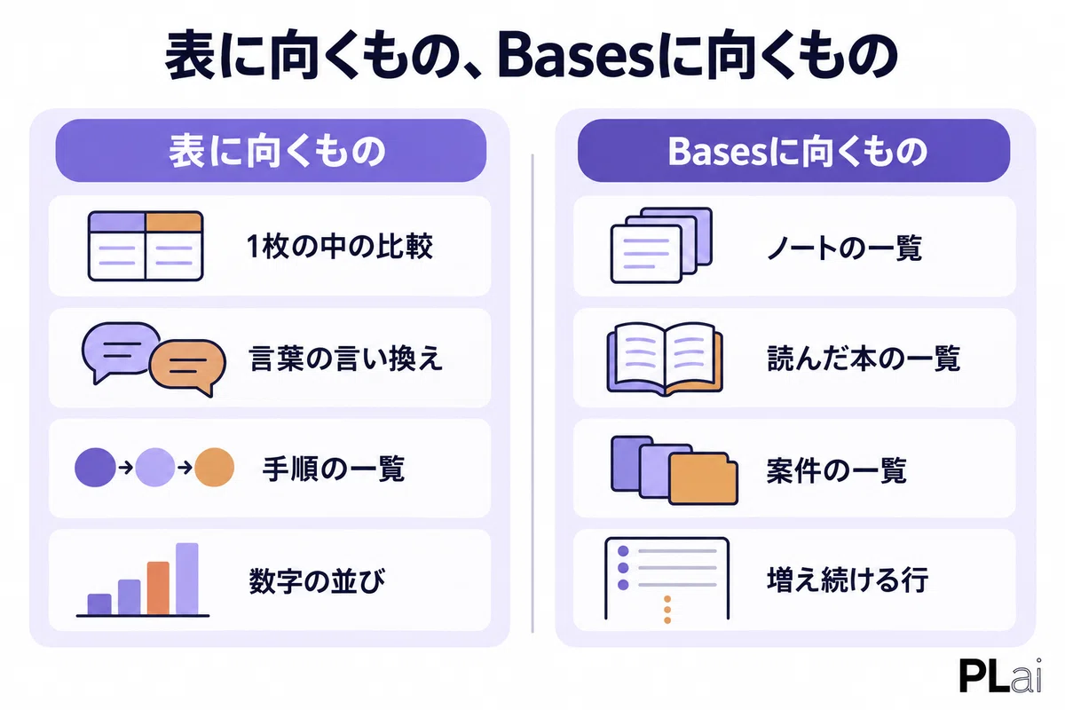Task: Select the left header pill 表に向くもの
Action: click(x=271, y=150)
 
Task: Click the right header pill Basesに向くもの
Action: click(x=793, y=150)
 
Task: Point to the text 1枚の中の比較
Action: click(x=339, y=247)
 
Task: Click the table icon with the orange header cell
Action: click(x=146, y=246)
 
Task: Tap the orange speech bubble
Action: click(x=187, y=367)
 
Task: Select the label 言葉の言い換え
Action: click(x=345, y=359)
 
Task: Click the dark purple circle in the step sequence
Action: click(x=95, y=467)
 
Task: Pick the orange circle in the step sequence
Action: click(x=215, y=467)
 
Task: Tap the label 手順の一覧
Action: click(x=334, y=469)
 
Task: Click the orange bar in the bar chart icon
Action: click(x=158, y=588)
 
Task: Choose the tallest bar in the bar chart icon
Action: click(x=187, y=579)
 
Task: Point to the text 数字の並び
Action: click(x=317, y=580)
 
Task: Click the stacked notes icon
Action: click(x=661, y=245)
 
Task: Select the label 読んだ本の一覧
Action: click(x=864, y=359)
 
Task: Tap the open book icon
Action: click(x=665, y=359)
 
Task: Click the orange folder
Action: click(x=703, y=478)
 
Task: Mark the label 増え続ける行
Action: click(x=848, y=580)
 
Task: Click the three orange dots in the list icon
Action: click(x=667, y=610)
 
